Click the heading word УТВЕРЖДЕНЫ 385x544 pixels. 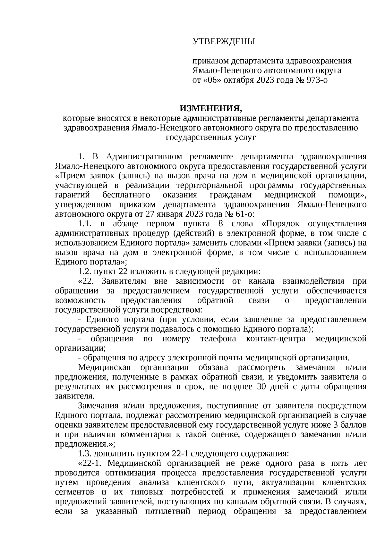coord(224,41)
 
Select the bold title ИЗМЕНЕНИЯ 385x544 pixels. coord(211,108)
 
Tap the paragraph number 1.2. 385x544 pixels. coord(85,272)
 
